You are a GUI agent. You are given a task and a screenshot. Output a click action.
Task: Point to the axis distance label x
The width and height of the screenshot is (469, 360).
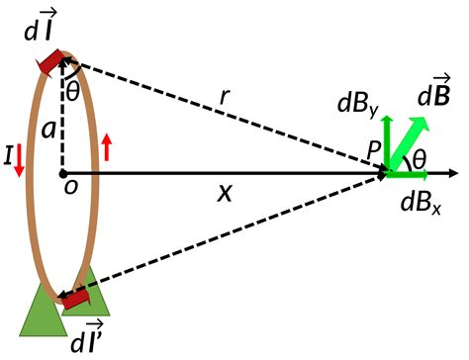coord(225,195)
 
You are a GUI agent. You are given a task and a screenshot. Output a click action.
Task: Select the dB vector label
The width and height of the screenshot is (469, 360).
coord(435,97)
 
